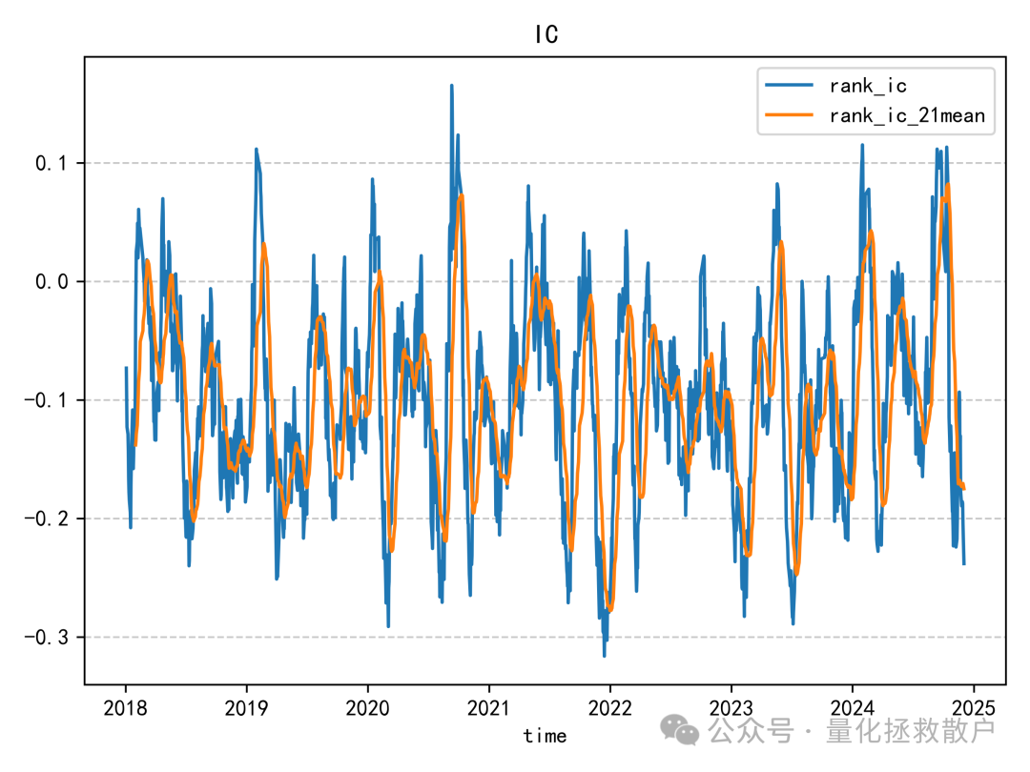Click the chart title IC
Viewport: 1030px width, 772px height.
(546, 35)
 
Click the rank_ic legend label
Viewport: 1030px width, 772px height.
(868, 86)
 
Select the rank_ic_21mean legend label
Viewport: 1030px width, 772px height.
(906, 116)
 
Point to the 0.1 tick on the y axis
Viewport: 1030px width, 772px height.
(53, 163)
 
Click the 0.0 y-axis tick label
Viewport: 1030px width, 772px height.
(53, 281)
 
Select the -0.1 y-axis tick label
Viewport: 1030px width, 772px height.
(48, 400)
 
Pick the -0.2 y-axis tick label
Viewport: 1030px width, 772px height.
(48, 518)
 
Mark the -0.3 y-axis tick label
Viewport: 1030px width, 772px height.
(48, 637)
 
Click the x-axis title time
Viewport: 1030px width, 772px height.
(545, 736)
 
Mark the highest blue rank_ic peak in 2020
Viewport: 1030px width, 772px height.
(450, 85)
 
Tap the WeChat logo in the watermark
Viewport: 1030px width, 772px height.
(682, 731)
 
